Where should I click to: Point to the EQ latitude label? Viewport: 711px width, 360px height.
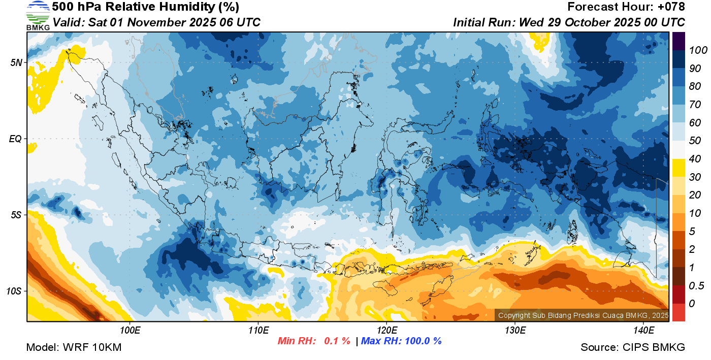pos(16,139)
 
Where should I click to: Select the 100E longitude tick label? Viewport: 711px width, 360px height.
pos(130,330)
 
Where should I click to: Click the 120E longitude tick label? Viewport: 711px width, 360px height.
pos(386,330)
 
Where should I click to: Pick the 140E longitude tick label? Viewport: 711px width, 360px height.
pos(643,330)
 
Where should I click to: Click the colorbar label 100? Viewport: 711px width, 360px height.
pos(694,50)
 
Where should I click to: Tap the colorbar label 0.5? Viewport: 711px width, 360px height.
pos(694,285)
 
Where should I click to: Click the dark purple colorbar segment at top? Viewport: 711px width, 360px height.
pos(678,41)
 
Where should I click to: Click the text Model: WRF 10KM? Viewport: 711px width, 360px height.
pos(74,347)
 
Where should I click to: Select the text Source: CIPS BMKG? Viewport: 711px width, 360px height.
pos(633,347)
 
